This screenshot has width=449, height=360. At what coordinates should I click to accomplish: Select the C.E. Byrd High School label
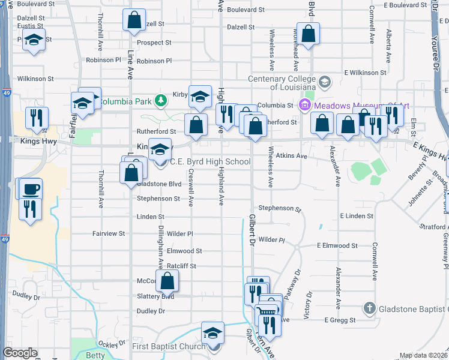tap(210, 161)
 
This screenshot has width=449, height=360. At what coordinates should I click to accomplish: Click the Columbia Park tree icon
tap(160, 100)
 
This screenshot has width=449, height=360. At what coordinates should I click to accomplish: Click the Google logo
tap(20, 353)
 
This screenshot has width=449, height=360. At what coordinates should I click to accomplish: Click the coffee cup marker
tap(31, 190)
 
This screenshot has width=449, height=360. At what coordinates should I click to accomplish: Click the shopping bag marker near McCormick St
tap(167, 280)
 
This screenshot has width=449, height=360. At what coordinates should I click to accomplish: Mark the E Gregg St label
tap(340, 320)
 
